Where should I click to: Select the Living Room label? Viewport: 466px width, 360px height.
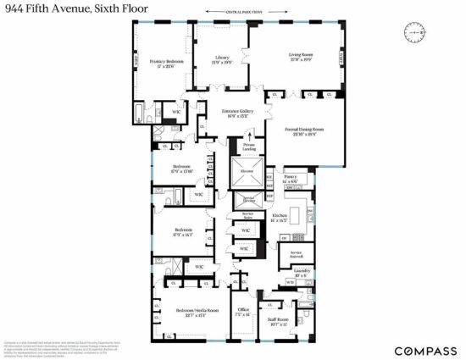point(302,58)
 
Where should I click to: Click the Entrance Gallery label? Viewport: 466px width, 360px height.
point(238,114)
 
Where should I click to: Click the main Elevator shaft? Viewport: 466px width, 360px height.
point(247,171)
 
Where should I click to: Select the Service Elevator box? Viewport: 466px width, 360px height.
point(249,199)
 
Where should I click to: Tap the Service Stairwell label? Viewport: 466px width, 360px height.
point(297,253)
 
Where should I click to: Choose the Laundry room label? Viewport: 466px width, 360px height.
point(302,273)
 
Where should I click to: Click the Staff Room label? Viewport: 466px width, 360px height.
point(280,323)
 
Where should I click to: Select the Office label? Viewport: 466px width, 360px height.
point(243,312)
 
